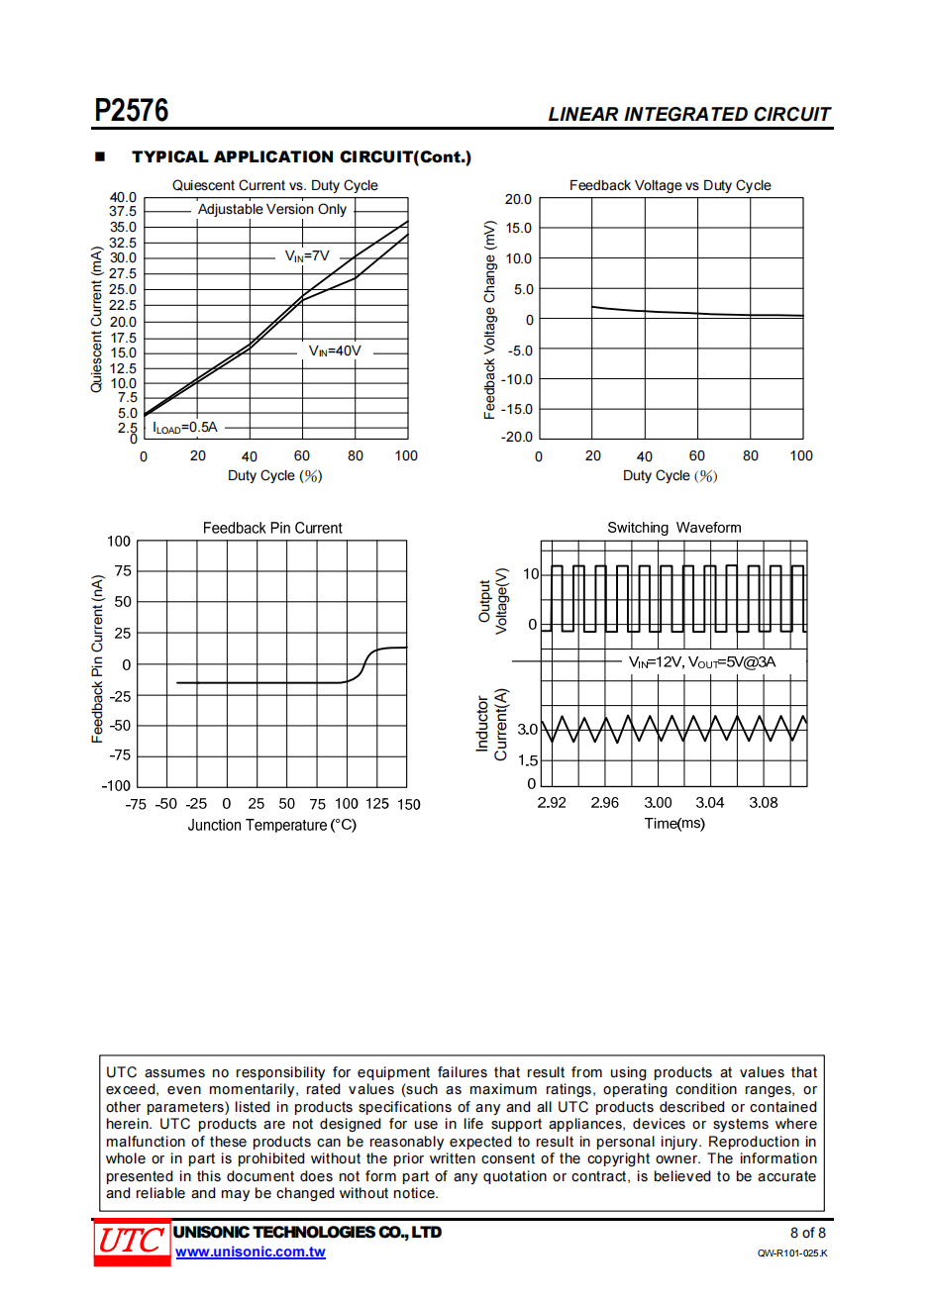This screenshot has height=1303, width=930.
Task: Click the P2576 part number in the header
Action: (132, 110)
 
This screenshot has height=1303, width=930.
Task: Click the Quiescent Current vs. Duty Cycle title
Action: (274, 185)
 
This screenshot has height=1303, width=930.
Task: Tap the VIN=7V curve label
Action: (307, 256)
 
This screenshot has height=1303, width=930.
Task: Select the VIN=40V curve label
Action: (335, 351)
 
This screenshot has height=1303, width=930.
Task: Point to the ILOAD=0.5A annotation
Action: (185, 428)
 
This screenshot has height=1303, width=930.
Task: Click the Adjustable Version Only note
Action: (272, 210)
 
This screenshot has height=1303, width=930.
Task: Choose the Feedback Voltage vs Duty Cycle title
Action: (670, 185)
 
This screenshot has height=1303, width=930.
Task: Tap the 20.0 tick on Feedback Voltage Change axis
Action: (518, 199)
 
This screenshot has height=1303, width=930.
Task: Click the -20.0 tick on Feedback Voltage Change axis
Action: (517, 437)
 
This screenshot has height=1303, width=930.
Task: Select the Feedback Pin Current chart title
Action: (272, 529)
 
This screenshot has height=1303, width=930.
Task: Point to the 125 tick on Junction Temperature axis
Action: (376, 804)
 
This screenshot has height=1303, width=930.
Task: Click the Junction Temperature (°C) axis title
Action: (271, 826)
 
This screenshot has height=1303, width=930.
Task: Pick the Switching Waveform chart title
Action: (673, 528)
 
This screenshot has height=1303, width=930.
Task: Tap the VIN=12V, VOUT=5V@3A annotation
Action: (702, 662)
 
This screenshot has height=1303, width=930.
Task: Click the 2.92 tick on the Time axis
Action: (552, 803)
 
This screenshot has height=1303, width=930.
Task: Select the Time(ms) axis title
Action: (674, 824)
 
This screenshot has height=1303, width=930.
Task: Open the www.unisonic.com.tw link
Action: (251, 1253)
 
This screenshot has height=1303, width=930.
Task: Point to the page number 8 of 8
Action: (807, 1233)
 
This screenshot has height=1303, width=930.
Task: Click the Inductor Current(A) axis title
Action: (491, 725)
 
